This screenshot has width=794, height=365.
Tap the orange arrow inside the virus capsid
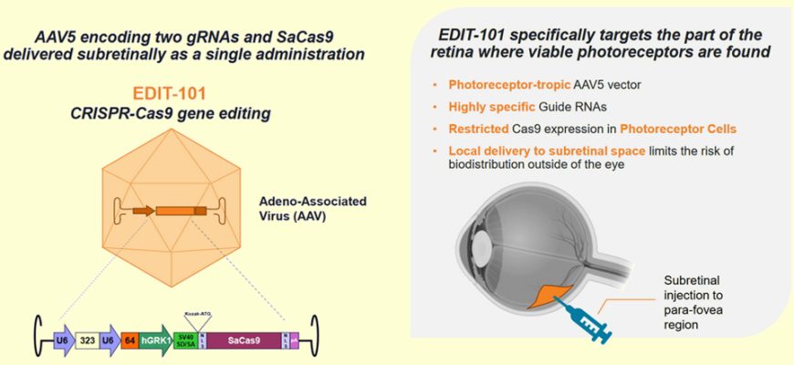pos(142,211)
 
